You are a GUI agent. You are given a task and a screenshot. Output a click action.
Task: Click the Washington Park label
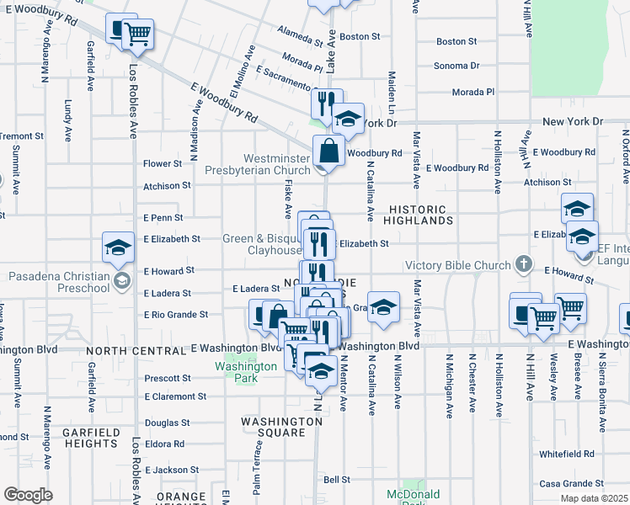click(245, 372)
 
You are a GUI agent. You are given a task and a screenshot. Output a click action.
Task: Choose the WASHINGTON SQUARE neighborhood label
click(272, 427)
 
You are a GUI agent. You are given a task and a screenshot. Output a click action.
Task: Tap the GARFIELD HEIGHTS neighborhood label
click(89, 438)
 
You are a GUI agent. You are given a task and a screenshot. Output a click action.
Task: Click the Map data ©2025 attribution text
click(593, 498)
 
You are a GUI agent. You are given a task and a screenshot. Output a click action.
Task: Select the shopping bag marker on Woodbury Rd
click(328, 151)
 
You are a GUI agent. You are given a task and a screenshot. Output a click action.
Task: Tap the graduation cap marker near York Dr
click(346, 120)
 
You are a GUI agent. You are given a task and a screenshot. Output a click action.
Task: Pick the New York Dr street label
click(573, 122)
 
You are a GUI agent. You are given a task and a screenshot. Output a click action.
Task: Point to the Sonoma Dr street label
click(456, 66)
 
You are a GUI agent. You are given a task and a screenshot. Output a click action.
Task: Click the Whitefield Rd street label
click(567, 454)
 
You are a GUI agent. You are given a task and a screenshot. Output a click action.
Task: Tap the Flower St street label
click(163, 163)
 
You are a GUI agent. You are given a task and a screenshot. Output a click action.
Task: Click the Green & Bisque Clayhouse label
click(262, 244)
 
